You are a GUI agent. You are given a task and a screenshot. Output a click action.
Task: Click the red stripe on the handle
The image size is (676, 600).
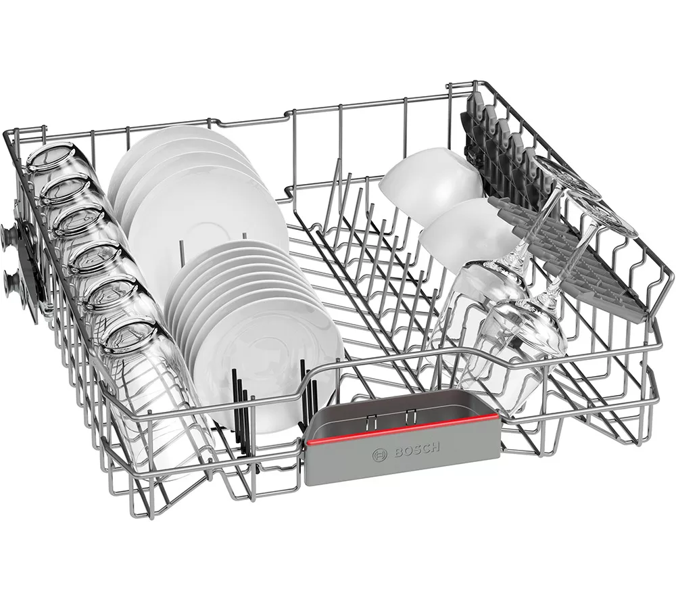coord(403,430)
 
